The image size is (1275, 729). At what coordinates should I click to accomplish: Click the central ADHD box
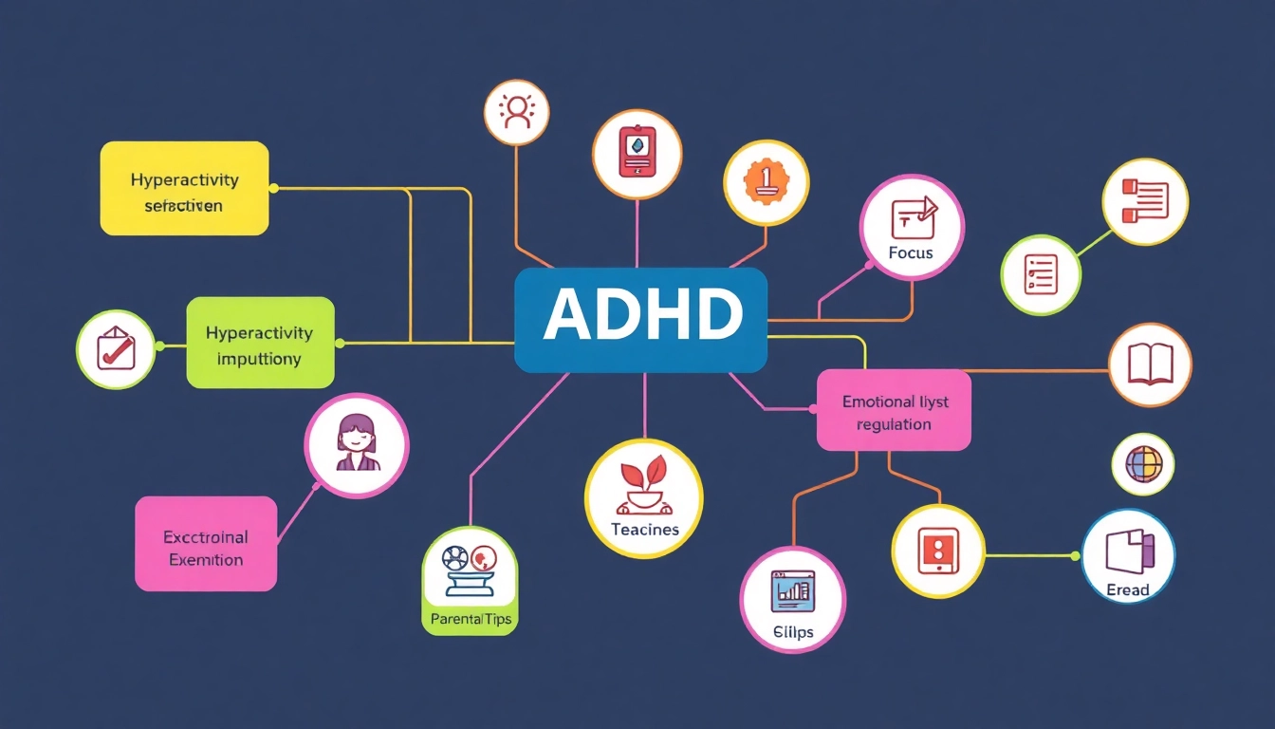pyautogui.click(x=640, y=319)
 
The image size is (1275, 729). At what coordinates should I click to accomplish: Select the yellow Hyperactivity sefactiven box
pyautogui.click(x=184, y=188)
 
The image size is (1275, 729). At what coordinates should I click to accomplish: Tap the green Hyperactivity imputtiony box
pyautogui.click(x=260, y=343)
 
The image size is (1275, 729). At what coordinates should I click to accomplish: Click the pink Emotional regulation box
pyautogui.click(x=894, y=410)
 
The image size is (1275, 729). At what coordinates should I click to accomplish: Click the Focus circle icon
pyautogui.click(x=912, y=227)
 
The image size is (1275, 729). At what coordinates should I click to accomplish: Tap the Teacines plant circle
pyautogui.click(x=644, y=498)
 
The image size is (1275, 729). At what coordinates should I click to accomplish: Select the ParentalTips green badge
pyautogui.click(x=469, y=580)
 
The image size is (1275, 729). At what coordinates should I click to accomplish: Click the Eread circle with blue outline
pyautogui.click(x=1128, y=555)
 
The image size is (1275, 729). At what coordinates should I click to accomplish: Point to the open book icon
pyautogui.click(x=1150, y=364)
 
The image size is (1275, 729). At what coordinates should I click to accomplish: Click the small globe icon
pyautogui.click(x=1142, y=464)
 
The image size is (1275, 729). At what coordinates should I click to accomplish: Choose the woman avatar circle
pyautogui.click(x=357, y=445)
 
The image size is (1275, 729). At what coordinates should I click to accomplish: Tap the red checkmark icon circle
pyautogui.click(x=116, y=349)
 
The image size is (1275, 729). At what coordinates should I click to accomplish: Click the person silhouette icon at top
pyautogui.click(x=517, y=112)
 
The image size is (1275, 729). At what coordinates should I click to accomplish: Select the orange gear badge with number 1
pyautogui.click(x=766, y=183)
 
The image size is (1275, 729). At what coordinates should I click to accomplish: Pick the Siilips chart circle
pyautogui.click(x=792, y=599)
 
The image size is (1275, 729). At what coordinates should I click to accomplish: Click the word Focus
pyautogui.click(x=911, y=253)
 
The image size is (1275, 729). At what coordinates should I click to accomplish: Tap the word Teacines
pyautogui.click(x=645, y=530)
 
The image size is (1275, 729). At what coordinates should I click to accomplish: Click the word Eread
pyautogui.click(x=1128, y=590)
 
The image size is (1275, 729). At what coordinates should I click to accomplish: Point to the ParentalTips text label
pyautogui.click(x=469, y=620)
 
